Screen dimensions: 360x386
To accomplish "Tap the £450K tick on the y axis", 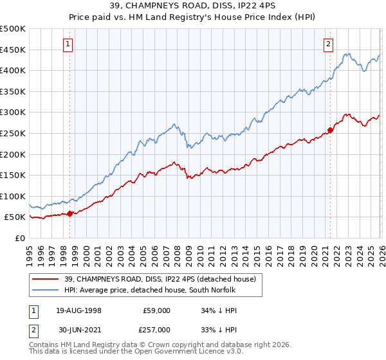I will [x=14, y=50].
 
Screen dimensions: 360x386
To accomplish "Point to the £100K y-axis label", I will [x=14, y=196].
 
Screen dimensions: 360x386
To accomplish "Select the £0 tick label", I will [x=21, y=238].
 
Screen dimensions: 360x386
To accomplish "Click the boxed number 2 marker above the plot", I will [x=329, y=44].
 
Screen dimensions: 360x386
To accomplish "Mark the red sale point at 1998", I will [x=69, y=213].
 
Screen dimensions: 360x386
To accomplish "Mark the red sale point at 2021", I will [x=330, y=130].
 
